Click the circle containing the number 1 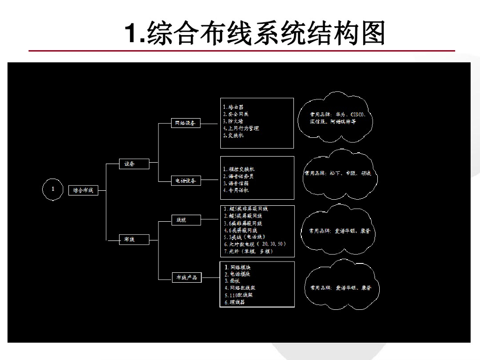click(53, 189)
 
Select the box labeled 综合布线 click(83, 190)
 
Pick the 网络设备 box click(186, 123)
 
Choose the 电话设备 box click(186, 180)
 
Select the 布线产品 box click(187, 277)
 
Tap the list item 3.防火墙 click(233, 121)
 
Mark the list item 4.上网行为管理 click(241, 128)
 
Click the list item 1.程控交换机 click(239, 169)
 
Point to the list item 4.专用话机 click(236, 190)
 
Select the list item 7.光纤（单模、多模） click(248, 251)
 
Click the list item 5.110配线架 click(239, 295)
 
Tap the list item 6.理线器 click(234, 302)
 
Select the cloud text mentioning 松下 click(338, 173)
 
